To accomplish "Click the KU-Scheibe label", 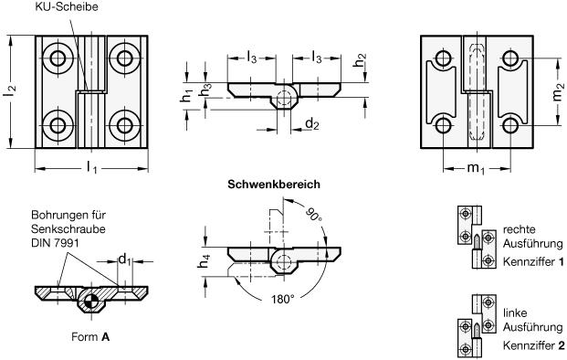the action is pyautogui.click(x=67, y=6).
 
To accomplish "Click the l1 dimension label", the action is pyautogui.click(x=92, y=167).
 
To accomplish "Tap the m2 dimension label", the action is pyautogui.click(x=558, y=92).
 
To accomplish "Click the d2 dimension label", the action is pyautogui.click(x=312, y=124).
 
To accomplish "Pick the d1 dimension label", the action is pyautogui.click(x=125, y=259).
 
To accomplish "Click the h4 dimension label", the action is pyautogui.click(x=204, y=261).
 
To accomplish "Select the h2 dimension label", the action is pyautogui.click(x=360, y=60).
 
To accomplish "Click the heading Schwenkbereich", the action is pyautogui.click(x=274, y=185).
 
